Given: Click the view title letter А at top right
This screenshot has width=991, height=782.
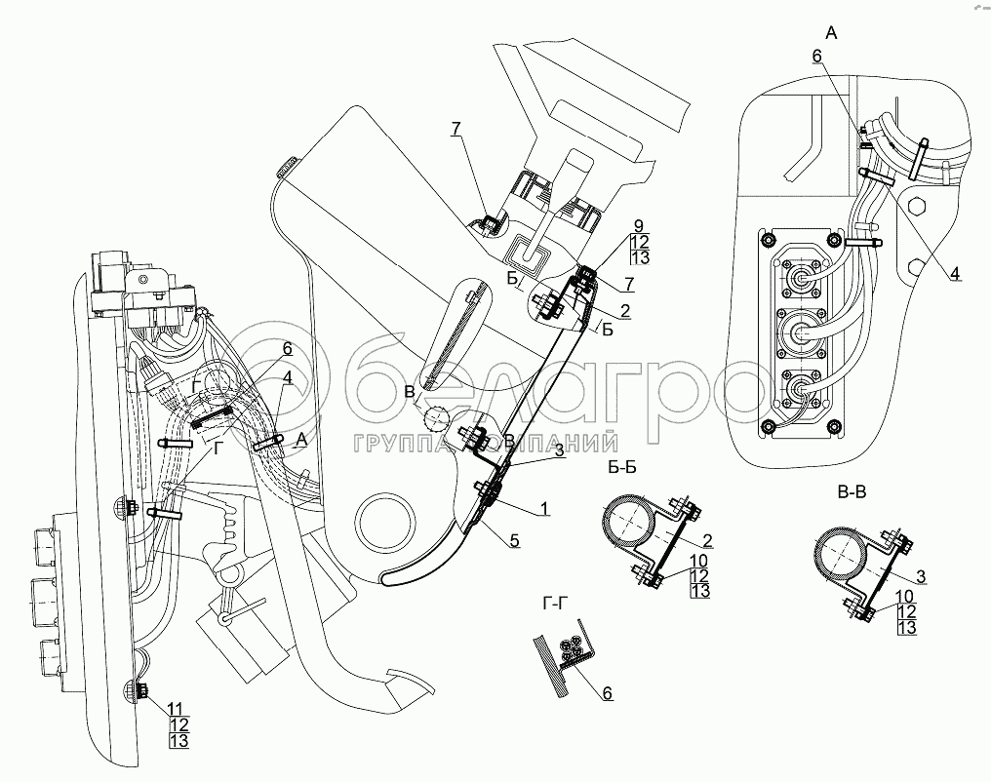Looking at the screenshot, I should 830,33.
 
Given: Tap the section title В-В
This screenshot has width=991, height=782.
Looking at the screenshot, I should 852,492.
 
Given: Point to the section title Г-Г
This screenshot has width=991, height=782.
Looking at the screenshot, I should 555,604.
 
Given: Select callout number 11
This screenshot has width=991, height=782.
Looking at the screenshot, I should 175,706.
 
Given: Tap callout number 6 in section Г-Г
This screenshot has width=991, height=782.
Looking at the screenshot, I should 606,692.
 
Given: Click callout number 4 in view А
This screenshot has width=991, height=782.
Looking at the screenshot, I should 955,274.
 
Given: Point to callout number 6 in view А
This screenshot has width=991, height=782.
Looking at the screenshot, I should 817,58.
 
